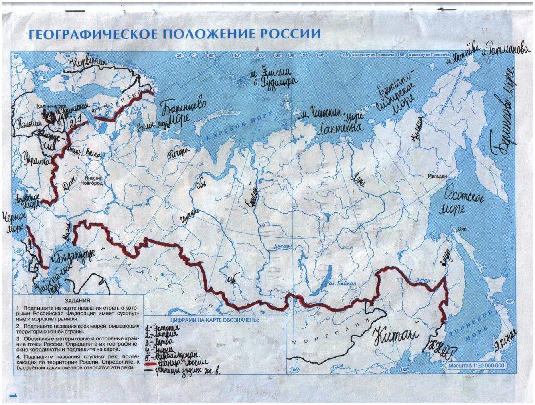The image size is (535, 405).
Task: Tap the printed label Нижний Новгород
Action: [93, 180]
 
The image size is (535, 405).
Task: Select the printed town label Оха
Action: [462, 229]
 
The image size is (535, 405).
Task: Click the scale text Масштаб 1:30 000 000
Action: [476, 366]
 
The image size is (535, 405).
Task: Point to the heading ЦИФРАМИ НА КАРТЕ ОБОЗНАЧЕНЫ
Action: [215, 320]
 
